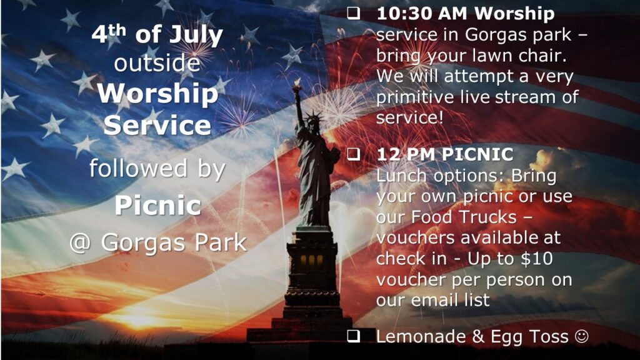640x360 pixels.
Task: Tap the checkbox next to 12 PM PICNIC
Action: click(x=354, y=154)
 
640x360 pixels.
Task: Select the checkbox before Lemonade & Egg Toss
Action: click(x=354, y=336)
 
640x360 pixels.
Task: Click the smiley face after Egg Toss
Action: click(x=582, y=336)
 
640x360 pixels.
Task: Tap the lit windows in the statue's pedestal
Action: click(x=311, y=261)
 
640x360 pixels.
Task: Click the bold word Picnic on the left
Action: click(x=157, y=204)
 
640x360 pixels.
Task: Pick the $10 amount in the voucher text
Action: click(x=537, y=258)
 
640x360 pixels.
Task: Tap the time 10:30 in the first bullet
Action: click(x=402, y=14)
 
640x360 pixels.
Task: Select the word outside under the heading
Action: click(x=157, y=63)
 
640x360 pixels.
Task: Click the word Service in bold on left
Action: click(x=157, y=125)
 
